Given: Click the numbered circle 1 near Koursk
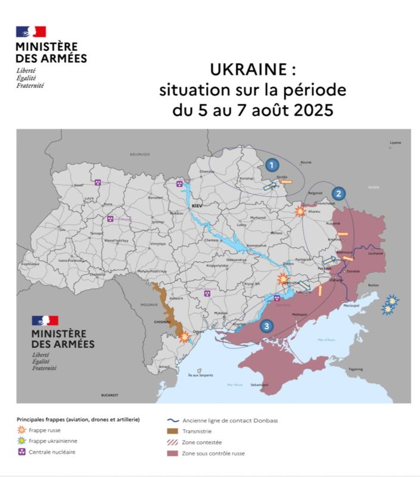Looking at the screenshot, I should (x=272, y=165).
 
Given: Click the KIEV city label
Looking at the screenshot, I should (x=197, y=205).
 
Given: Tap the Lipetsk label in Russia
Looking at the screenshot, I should (x=395, y=143).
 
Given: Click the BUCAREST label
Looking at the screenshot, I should (x=110, y=395).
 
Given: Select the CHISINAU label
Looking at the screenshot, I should (x=163, y=321).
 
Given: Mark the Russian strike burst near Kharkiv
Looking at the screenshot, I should (x=300, y=211).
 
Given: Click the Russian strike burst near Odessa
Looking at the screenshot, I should (x=185, y=337).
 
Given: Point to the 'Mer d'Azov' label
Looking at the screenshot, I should (x=326, y=339).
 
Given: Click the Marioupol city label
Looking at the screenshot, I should (x=351, y=306).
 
